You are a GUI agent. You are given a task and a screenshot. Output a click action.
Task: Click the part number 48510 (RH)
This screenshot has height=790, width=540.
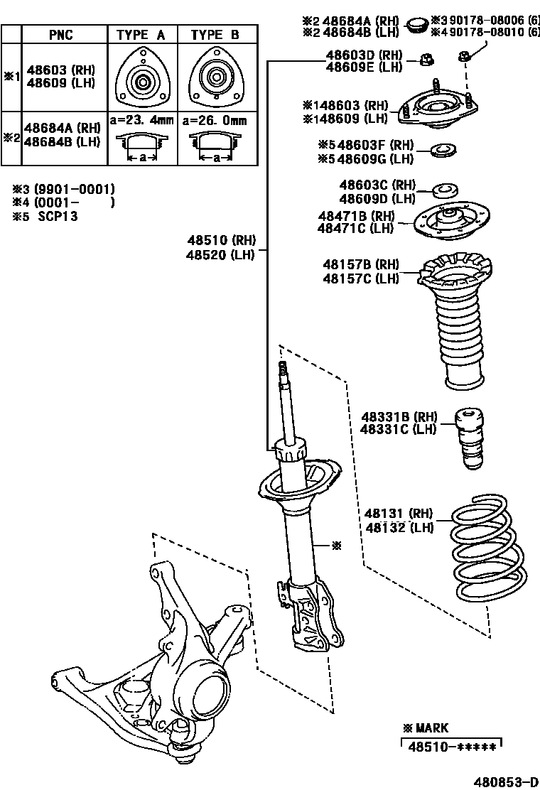[220, 240]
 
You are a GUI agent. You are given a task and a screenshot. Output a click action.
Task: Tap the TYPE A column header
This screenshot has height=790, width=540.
[141, 34]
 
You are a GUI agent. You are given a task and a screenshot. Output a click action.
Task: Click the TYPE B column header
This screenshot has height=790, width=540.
[215, 34]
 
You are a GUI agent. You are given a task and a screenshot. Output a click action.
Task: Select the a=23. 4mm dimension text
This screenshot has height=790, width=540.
[141, 120]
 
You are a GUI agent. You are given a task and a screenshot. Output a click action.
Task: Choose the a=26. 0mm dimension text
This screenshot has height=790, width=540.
[215, 120]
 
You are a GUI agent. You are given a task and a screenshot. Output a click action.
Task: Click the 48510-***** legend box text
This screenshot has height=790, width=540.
[451, 744]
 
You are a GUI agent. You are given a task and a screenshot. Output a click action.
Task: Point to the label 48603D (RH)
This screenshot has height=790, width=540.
[364, 55]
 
